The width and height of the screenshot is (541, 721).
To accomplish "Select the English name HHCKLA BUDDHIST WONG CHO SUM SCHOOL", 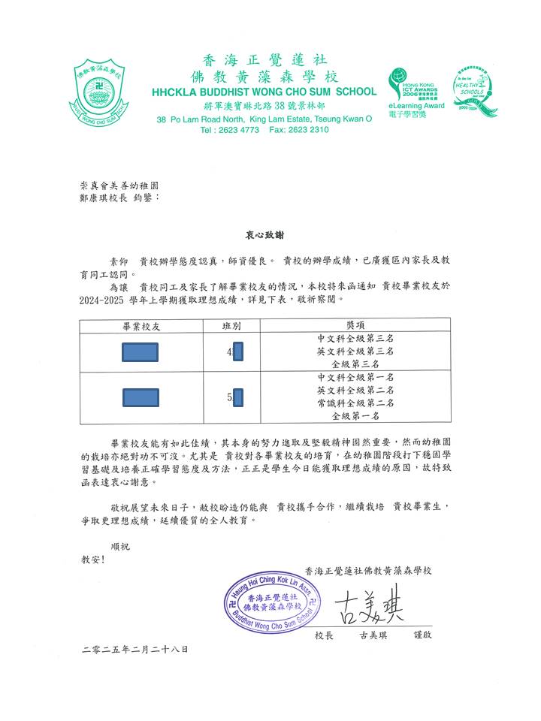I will pyautogui.click(x=264, y=92).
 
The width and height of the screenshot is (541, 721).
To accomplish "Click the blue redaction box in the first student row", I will pyautogui.click(x=140, y=351).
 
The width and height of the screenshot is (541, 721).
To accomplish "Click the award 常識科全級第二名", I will pyautogui.click(x=355, y=403).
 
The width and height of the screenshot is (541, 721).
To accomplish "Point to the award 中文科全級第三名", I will pyautogui.click(x=355, y=339).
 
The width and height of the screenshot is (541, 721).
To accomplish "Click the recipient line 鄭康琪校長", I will pyautogui.click(x=105, y=198).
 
